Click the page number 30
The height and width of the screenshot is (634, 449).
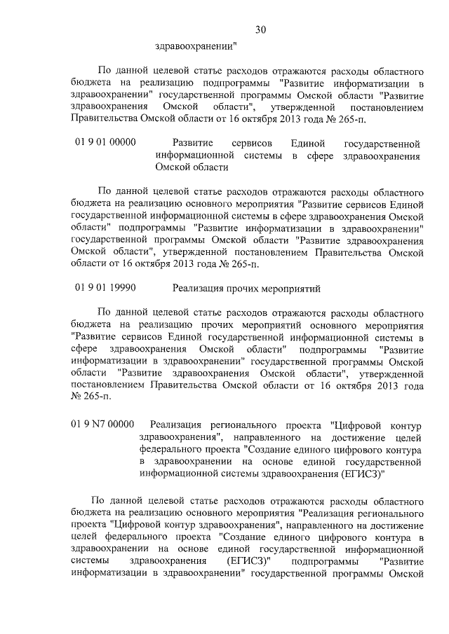pyautogui.click(x=260, y=29)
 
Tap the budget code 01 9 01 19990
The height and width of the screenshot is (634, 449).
pyautogui.click(x=105, y=288)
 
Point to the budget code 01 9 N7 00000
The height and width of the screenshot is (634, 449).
pyautogui.click(x=102, y=424)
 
